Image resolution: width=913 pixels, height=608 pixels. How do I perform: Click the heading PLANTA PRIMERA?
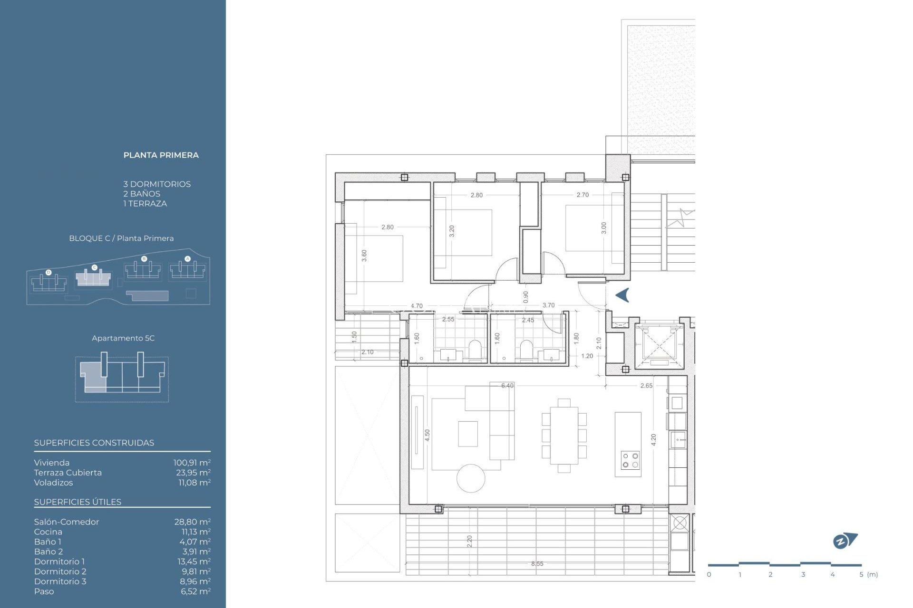(x=161, y=155)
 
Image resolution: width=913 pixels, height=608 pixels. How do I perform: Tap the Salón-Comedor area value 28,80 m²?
(x=192, y=522)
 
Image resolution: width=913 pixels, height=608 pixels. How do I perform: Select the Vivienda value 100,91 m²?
(x=192, y=463)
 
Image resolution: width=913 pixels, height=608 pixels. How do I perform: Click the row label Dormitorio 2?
(x=60, y=571)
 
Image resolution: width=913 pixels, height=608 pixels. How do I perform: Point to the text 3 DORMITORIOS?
(x=157, y=184)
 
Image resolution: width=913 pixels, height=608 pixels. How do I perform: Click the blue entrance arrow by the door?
(x=622, y=295)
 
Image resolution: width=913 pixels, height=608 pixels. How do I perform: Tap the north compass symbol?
(x=845, y=541)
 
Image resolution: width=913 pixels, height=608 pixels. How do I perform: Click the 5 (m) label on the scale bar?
(x=868, y=575)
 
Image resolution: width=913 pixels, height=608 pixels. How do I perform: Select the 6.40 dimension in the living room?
(x=507, y=386)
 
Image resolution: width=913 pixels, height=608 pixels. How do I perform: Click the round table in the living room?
(x=471, y=478)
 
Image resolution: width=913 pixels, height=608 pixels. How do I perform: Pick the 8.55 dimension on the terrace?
(x=537, y=564)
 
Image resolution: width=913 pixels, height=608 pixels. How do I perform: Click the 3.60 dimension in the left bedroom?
(x=364, y=256)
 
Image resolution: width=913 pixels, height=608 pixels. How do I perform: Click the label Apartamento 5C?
(x=123, y=338)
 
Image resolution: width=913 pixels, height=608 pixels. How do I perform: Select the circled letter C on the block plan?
(x=94, y=267)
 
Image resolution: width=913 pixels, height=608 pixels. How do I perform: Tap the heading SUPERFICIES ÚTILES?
(x=78, y=502)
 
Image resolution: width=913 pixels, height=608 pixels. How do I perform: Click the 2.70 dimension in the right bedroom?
(x=582, y=195)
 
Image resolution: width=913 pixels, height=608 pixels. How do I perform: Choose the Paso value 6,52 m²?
(x=195, y=591)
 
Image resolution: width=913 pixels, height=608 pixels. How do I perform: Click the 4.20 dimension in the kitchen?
(x=653, y=440)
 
